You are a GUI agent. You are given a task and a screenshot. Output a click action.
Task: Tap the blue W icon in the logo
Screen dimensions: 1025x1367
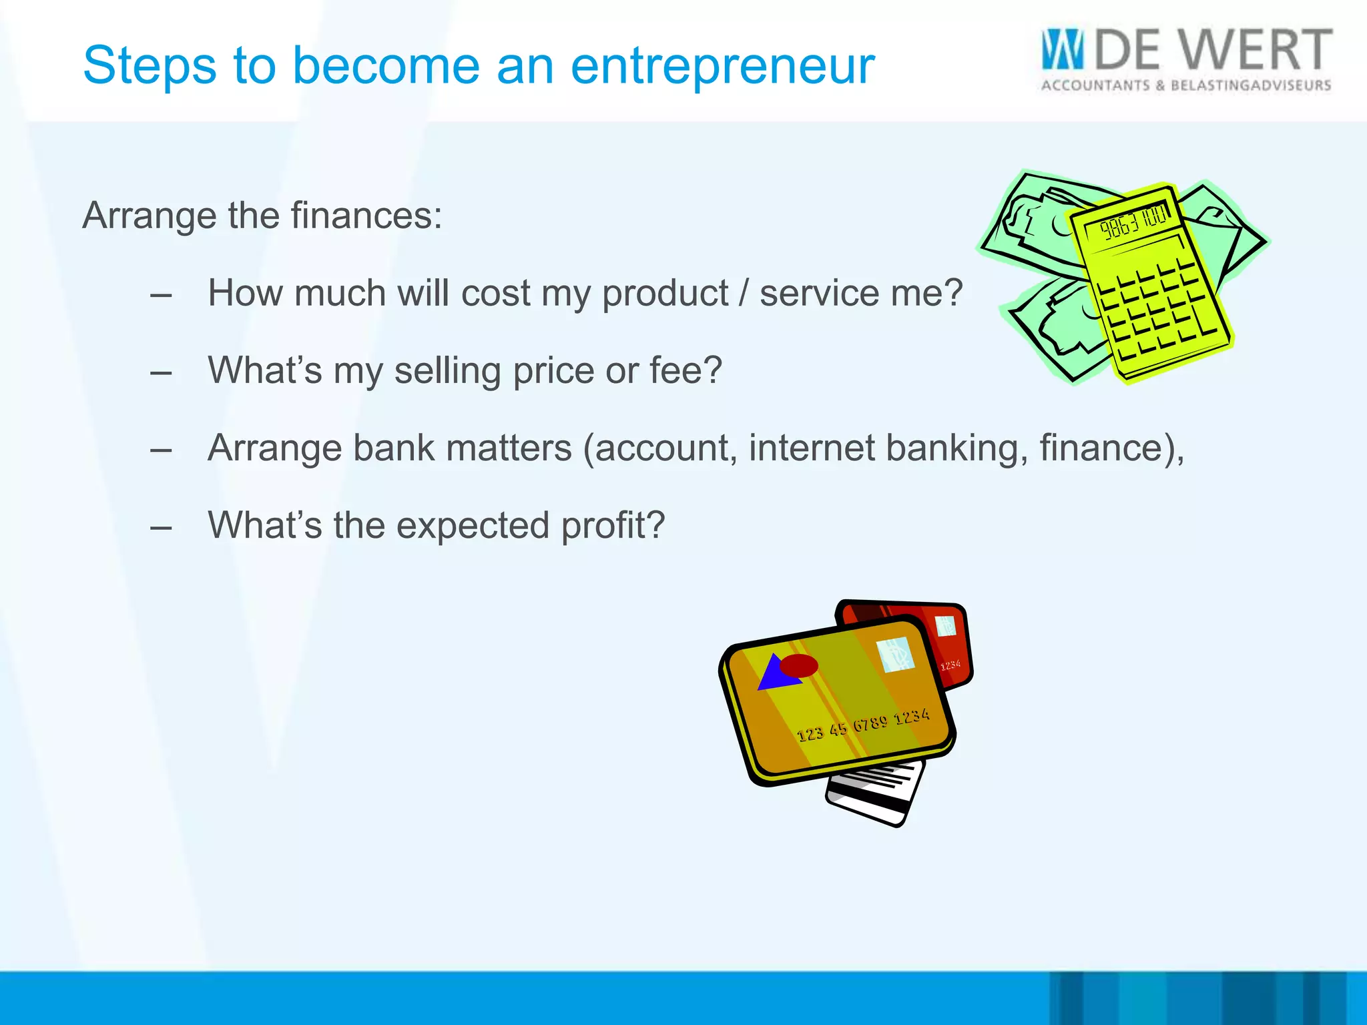1063,49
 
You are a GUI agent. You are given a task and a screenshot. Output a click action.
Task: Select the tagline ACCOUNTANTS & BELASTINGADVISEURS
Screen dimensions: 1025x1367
1186,85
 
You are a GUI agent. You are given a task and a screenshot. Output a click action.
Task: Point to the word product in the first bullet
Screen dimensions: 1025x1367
665,294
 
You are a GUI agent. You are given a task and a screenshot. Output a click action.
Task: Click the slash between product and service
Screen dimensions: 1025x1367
744,294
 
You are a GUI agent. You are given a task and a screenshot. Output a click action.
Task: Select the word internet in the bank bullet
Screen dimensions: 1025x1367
811,448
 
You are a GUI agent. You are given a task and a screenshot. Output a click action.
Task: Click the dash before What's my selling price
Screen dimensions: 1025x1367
161,372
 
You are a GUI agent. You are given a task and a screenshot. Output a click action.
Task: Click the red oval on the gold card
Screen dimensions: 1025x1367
799,665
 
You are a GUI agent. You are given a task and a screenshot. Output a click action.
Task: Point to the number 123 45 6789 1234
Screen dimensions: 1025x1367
862,725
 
